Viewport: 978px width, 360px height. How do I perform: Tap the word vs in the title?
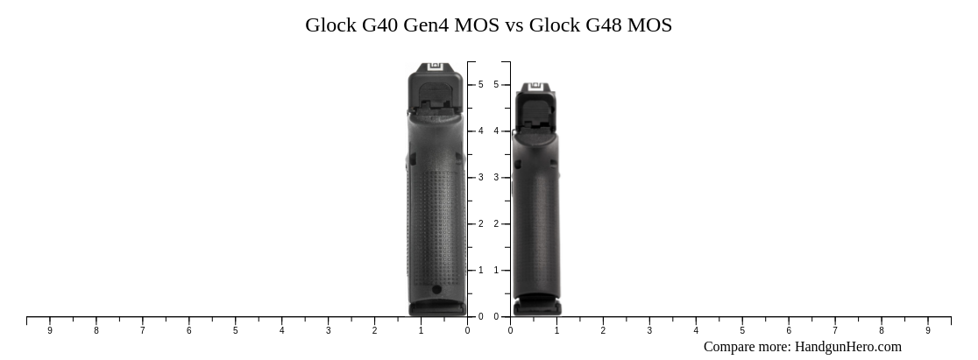click(x=513, y=25)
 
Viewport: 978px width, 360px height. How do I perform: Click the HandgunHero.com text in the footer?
click(x=847, y=347)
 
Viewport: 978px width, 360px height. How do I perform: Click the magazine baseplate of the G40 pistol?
click(x=436, y=308)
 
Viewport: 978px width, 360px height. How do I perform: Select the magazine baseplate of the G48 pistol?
click(x=536, y=307)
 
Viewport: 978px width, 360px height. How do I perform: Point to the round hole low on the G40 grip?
click(x=436, y=289)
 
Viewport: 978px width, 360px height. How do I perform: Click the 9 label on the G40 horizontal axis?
click(x=50, y=331)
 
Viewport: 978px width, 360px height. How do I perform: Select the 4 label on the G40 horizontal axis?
click(x=281, y=331)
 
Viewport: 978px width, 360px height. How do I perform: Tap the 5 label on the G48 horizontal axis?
click(x=742, y=331)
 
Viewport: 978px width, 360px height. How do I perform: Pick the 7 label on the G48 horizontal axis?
click(x=835, y=331)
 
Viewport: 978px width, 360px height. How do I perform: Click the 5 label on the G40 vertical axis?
click(x=480, y=85)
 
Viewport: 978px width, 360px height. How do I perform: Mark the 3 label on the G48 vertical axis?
click(x=496, y=178)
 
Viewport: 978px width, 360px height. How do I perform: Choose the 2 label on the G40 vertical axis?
click(x=480, y=224)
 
